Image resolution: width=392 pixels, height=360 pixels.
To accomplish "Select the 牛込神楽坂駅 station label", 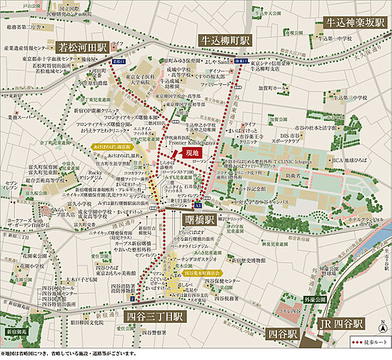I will tap(355, 23).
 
